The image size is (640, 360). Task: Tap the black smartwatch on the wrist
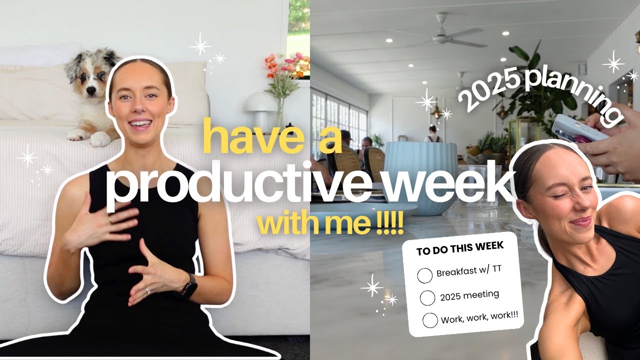188,286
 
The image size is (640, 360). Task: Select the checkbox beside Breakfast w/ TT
424,275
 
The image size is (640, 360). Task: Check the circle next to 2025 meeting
427,297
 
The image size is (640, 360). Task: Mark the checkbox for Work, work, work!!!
430,320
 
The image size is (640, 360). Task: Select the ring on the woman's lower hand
148,290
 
